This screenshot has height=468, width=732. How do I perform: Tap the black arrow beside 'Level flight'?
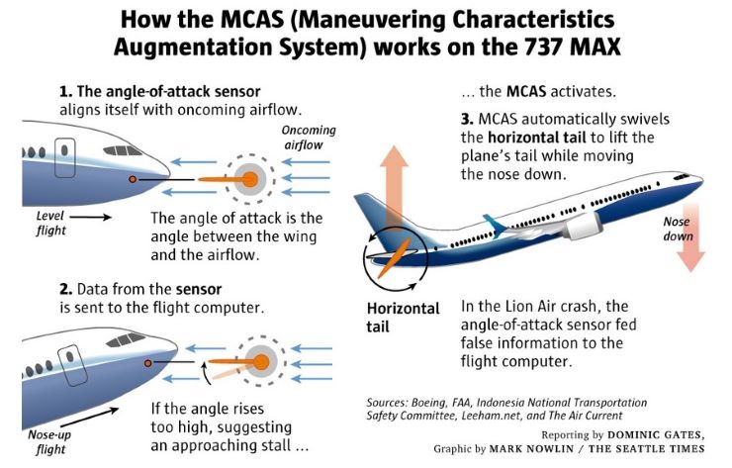tap(92, 215)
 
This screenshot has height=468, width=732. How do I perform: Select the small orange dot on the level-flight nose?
tap(133, 179)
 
